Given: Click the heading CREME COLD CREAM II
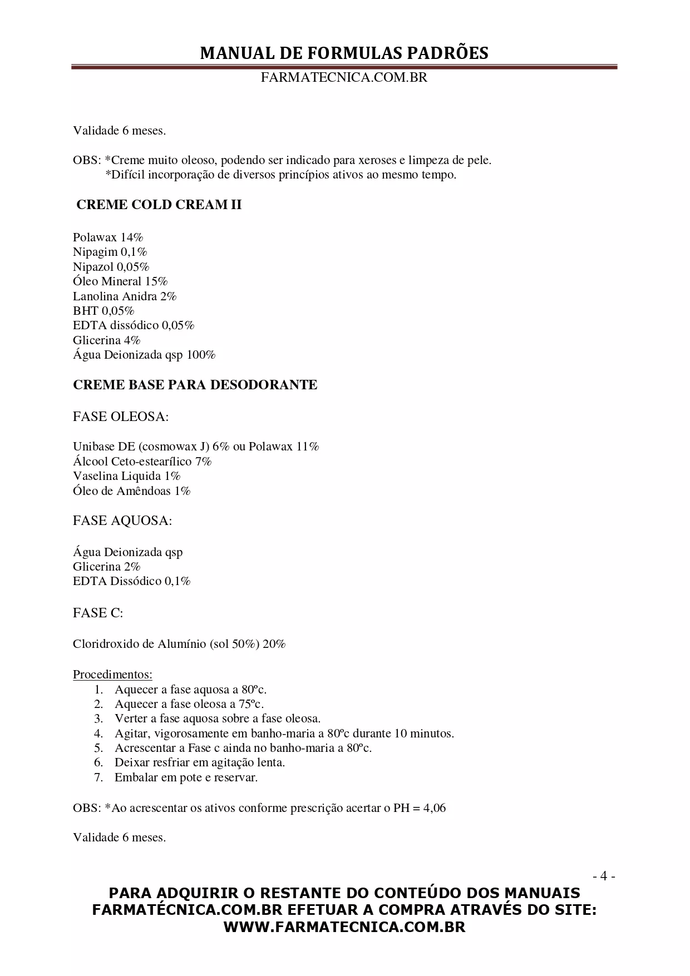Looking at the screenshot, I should tap(159, 205).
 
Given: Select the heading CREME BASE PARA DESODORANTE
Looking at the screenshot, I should tap(195, 385).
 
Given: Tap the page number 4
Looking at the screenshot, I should tap(603, 876).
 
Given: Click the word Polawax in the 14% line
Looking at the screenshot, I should tap(95, 237).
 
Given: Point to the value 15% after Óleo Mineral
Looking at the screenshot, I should tap(156, 281).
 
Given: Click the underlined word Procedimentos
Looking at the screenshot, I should tap(112, 675).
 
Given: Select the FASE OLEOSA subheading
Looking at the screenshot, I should tap(121, 417).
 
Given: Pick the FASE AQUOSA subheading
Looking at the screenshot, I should tap(122, 521).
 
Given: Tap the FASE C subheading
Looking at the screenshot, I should tap(98, 613).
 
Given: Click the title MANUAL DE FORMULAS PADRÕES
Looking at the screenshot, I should tap(344, 53).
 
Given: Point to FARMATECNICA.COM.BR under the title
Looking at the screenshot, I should tap(344, 78).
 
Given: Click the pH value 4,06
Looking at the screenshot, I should tap(434, 808).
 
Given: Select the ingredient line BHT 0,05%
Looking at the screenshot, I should tap(103, 311).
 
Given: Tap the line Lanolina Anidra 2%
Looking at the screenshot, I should tap(125, 296).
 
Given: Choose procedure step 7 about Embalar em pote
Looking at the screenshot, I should tap(186, 777).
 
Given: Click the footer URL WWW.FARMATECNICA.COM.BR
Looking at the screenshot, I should tap(344, 927).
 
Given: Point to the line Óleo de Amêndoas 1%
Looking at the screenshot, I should tap(131, 491).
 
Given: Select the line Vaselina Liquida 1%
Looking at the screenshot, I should tap(126, 476).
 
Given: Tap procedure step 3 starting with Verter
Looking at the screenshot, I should tap(217, 719).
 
